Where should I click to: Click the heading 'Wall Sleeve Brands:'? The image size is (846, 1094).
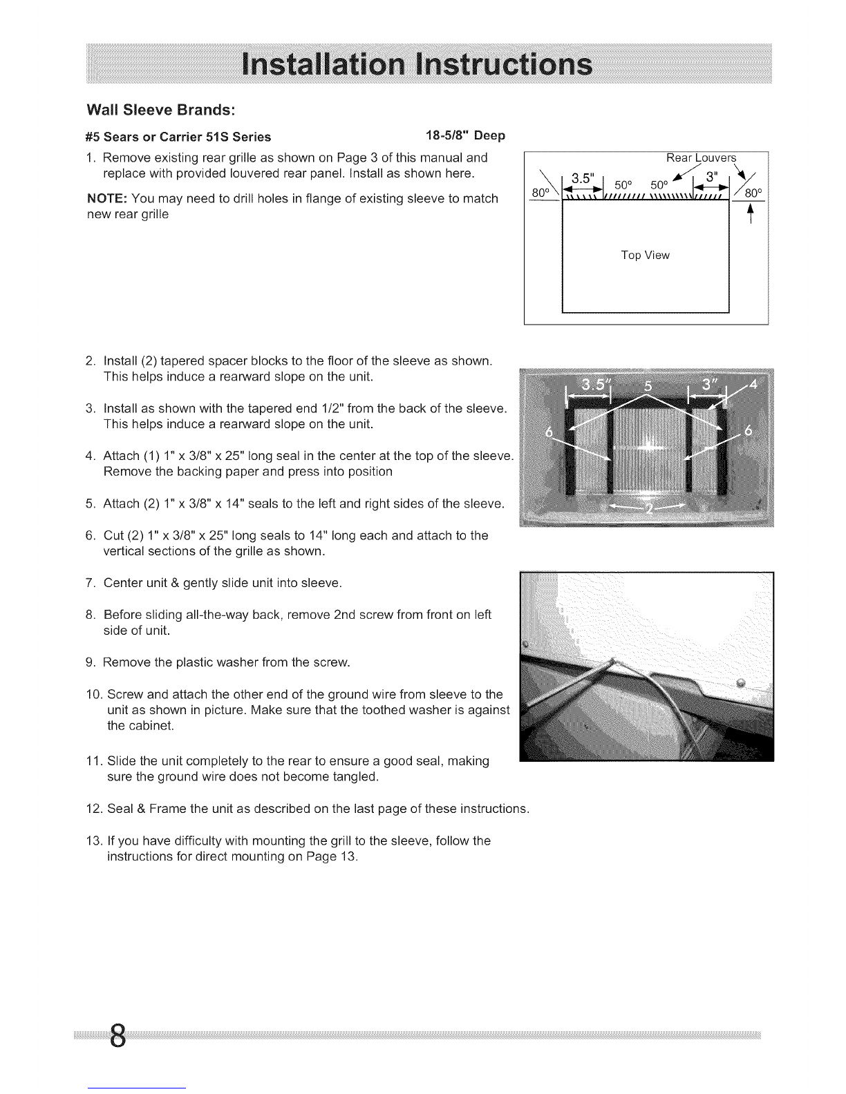(x=160, y=110)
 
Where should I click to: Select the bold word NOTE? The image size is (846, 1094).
(x=104, y=199)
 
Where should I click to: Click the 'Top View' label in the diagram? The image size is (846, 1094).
(x=645, y=256)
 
